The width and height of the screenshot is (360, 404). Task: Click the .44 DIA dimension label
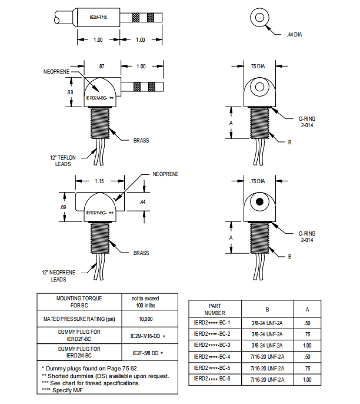point(295,35)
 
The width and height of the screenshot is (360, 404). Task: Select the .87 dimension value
point(102,67)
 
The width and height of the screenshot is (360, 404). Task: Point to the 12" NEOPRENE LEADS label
point(59,276)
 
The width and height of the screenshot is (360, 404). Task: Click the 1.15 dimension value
point(99,182)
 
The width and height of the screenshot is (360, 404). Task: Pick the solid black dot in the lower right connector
point(259,203)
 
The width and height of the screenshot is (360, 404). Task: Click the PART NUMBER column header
point(215,310)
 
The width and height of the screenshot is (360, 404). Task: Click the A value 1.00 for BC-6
point(306,379)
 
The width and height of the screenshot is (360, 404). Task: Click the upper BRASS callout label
point(141,140)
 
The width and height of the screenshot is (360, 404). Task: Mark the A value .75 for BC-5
point(306,368)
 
